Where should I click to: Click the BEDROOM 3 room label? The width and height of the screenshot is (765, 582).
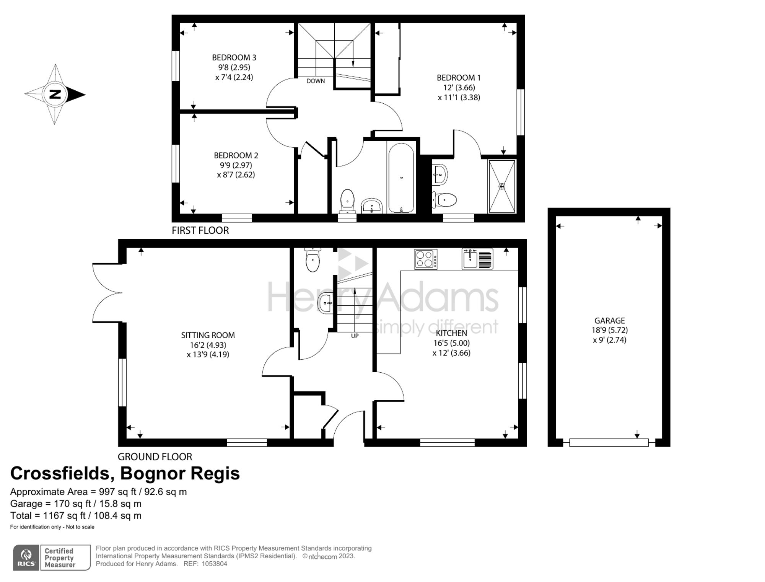coord(234,57)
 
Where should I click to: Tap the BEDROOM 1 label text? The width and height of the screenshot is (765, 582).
coord(459,78)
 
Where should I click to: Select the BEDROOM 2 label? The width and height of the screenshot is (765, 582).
coord(236,155)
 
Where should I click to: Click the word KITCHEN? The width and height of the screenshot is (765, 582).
coord(451,333)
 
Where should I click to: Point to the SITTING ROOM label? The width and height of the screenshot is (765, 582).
coord(208,335)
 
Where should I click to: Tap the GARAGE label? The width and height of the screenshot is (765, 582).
coord(610,321)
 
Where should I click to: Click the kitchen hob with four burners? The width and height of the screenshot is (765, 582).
coord(426,259)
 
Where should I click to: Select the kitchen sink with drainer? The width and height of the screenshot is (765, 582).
coord(477,259)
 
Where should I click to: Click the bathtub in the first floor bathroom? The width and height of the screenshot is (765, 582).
coord(401,178)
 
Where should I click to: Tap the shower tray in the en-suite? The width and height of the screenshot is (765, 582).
coord(501,186)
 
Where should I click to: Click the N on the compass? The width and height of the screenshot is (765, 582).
coord(55,94)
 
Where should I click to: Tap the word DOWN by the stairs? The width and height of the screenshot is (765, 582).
coord(316,81)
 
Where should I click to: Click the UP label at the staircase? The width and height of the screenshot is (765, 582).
coord(355,336)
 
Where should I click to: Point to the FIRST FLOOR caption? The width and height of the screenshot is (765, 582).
coord(200,230)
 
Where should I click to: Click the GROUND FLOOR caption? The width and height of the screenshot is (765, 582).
coord(155,456)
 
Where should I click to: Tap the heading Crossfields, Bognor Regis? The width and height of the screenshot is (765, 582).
coord(125,473)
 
